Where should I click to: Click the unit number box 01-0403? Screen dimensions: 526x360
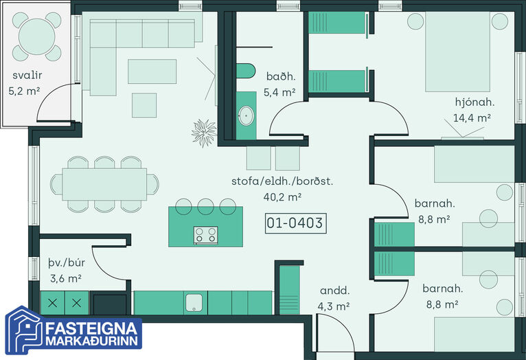pyautogui.click(x=295, y=223)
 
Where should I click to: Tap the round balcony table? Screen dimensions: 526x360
pyautogui.click(x=36, y=36)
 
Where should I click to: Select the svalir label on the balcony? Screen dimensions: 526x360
pyautogui.click(x=27, y=75)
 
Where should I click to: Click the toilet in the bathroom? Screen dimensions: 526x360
pyautogui.click(x=246, y=71)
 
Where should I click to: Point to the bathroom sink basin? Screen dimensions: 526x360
pyautogui.click(x=247, y=116)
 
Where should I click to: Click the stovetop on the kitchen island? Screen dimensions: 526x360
pyautogui.click(x=205, y=234)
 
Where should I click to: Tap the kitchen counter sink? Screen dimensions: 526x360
pyautogui.click(x=194, y=302)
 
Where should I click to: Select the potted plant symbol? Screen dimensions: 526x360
pyautogui.click(x=204, y=133)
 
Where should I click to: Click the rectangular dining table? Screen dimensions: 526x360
pyautogui.click(x=104, y=184)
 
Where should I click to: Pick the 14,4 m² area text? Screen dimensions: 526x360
pyautogui.click(x=472, y=118)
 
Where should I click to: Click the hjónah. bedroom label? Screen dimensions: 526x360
pyautogui.click(x=474, y=102)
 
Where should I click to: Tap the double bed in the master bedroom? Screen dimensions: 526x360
pyautogui.click(x=457, y=52)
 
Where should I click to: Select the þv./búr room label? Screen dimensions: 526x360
pyautogui.click(x=67, y=262)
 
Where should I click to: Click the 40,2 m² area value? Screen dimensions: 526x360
pyautogui.click(x=282, y=197)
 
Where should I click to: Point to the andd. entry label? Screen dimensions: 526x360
pyautogui.click(x=335, y=291)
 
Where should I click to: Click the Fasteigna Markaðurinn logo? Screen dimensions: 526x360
pyautogui.click(x=73, y=330)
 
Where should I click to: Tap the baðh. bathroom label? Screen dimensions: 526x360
pyautogui.click(x=281, y=76)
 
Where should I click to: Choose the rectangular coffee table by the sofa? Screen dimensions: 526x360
pyautogui.click(x=152, y=71)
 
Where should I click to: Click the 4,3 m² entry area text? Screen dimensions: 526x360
pyautogui.click(x=334, y=306)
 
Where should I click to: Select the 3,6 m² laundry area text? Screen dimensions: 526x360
pyautogui.click(x=66, y=278)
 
